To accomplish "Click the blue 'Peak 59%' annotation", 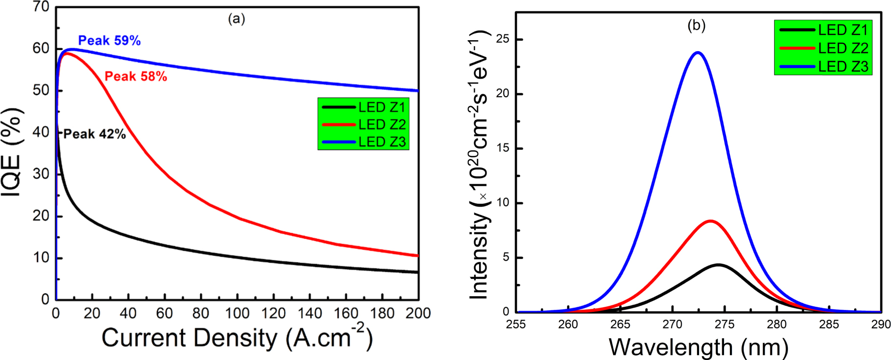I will pos(109,41).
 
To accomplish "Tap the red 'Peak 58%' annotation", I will pos(135,77).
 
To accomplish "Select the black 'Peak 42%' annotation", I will pos(94,134).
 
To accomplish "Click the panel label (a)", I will pos(236,19).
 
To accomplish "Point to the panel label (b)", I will pos(696,26).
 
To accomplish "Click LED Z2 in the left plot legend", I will pos(381,125).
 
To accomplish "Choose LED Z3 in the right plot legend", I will pos(842,66).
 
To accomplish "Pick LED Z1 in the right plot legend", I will pos(842,30).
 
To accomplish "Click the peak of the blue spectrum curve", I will pos(698,53).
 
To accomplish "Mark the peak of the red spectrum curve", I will pos(710,221).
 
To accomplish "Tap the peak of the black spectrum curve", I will pos(718,265).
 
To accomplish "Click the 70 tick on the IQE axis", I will pos(41,7).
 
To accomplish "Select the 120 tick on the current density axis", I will pos(273,313).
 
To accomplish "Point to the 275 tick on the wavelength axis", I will pos(724,325).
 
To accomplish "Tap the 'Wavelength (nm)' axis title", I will pos(698,347).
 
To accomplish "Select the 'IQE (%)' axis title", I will pos(12,152).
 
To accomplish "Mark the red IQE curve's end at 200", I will pos(417,255).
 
